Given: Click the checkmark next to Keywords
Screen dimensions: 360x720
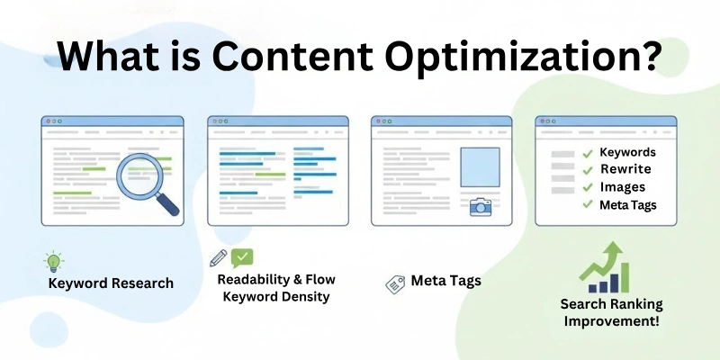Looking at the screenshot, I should click(x=588, y=153).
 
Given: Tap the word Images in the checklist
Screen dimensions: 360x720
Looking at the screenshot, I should click(x=622, y=187).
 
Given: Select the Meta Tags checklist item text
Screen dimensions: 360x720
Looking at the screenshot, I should click(x=627, y=205).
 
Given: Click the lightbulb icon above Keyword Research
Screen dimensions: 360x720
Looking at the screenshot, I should click(x=54, y=262).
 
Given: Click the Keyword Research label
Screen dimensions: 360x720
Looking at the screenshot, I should click(x=111, y=283).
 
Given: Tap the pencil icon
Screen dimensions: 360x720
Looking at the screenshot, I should click(x=219, y=258).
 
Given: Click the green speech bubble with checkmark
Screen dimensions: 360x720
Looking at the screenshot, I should click(x=242, y=257).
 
